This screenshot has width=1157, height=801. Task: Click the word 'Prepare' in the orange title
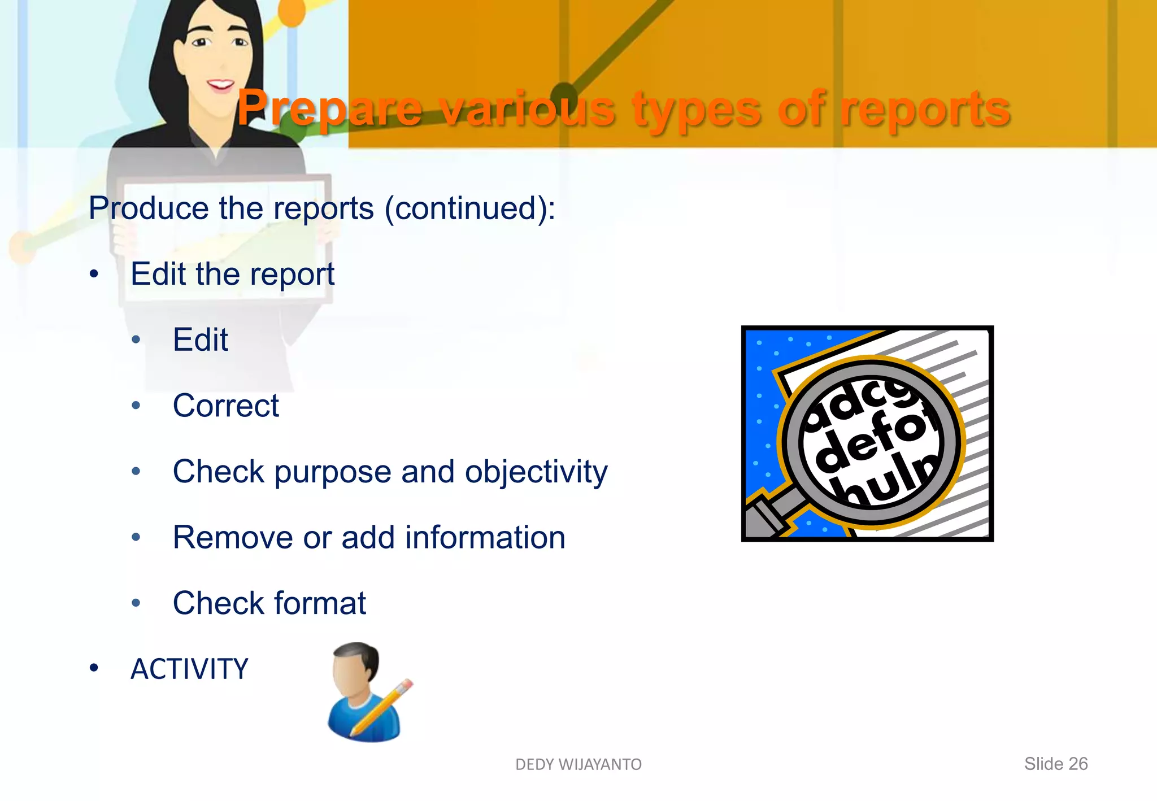(329, 108)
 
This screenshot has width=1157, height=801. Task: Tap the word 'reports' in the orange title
(925, 108)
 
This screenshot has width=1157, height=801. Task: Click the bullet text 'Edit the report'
(232, 275)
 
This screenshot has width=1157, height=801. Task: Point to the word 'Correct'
(225, 406)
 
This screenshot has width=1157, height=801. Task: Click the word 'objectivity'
(536, 472)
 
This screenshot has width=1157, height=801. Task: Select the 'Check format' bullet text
(269, 603)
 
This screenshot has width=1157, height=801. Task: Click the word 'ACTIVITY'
(189, 669)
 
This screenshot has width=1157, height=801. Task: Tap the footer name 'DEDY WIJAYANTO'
(578, 764)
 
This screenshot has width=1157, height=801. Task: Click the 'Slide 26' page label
(1056, 764)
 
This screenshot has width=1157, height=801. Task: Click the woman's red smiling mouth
(220, 85)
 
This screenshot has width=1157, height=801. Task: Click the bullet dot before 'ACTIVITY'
(94, 669)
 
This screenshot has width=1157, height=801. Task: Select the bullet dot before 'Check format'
(136, 603)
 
